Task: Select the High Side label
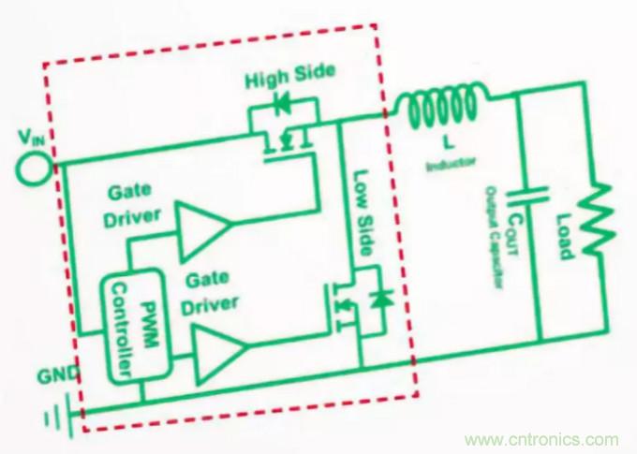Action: tap(289, 78)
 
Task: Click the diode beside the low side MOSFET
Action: tap(380, 300)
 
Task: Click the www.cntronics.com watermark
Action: tap(541, 439)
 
